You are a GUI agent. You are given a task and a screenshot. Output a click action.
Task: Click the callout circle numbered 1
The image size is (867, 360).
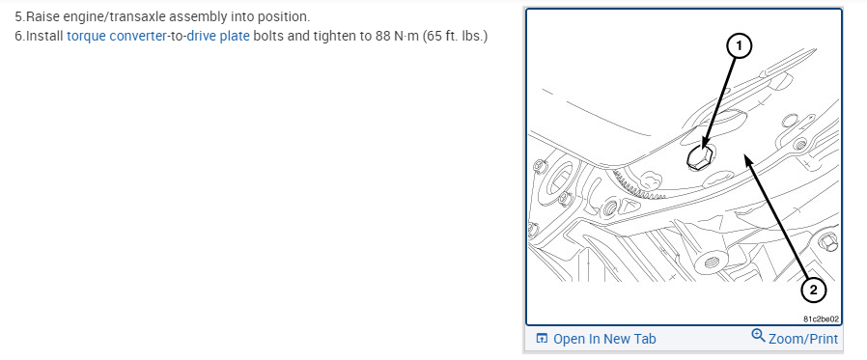(739, 47)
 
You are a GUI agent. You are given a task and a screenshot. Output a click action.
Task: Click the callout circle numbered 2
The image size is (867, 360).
(813, 290)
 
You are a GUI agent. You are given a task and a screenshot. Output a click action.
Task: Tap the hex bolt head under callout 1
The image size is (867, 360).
(699, 157)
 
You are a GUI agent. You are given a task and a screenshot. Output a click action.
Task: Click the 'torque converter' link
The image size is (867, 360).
(116, 37)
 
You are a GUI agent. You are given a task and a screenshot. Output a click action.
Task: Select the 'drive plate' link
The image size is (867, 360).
(218, 37)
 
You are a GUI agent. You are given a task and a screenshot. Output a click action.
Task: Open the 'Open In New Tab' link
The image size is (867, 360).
(604, 339)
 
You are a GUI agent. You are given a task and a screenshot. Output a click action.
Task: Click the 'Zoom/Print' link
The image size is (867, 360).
(803, 339)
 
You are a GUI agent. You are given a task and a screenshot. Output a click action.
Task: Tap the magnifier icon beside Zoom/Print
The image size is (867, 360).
(758, 336)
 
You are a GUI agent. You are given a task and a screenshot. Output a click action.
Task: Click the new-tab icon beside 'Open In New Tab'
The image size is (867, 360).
(542, 339)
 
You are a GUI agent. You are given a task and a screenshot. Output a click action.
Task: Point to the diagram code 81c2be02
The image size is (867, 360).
(822, 318)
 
